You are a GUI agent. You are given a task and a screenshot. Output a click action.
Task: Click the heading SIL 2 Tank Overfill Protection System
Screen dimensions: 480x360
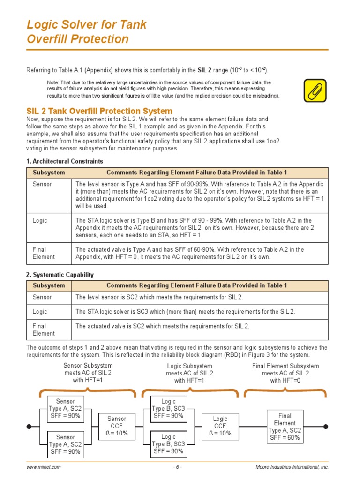[99, 111]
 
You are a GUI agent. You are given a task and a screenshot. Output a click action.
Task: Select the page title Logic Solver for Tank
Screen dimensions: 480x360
[87, 24]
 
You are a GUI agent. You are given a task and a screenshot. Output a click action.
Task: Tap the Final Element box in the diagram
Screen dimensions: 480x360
[285, 427]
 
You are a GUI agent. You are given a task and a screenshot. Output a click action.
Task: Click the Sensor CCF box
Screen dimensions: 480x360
[117, 427]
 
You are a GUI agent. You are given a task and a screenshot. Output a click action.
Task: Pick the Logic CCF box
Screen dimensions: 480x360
[220, 427]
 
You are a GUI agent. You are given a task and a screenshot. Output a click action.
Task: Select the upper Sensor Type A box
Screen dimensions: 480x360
[65, 408]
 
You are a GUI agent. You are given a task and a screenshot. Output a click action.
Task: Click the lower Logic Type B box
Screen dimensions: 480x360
[168, 444]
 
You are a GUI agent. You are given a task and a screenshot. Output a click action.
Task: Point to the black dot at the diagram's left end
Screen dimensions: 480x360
[30, 427]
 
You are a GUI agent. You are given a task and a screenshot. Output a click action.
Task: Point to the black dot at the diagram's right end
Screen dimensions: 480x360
[326, 427]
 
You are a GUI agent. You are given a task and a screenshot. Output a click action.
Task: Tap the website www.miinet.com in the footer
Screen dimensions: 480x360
[44, 467]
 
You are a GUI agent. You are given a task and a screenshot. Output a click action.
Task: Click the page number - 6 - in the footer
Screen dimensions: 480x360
[177, 467]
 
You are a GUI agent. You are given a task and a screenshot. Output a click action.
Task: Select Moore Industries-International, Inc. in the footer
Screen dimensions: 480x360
[292, 467]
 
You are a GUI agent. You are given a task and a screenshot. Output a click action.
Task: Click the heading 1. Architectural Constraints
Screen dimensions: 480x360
[65, 161]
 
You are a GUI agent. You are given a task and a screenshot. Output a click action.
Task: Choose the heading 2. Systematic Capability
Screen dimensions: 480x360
[60, 275]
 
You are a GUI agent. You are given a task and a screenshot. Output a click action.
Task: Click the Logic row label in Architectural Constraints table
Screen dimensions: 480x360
[40, 220]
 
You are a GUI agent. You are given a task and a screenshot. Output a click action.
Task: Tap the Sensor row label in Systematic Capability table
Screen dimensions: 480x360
[42, 297]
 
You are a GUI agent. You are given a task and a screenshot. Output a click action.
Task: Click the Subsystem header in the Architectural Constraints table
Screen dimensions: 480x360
[49, 172]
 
